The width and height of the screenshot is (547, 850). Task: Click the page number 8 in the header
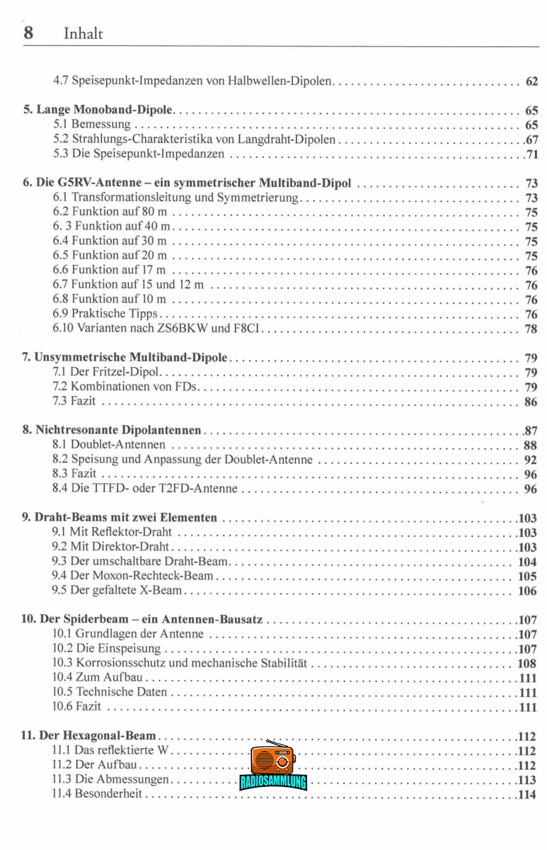[28, 33]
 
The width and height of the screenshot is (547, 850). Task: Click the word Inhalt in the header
[84, 33]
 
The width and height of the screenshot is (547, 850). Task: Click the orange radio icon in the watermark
[272, 759]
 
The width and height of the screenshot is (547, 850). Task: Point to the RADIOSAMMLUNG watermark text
[273, 783]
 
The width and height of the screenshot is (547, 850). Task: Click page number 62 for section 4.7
[531, 81]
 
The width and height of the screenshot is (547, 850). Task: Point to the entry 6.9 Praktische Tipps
[106, 314]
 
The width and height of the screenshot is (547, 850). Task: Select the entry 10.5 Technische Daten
[110, 692]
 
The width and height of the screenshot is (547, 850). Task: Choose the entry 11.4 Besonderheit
[97, 795]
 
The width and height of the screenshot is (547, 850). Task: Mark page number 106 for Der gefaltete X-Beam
[527, 591]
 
